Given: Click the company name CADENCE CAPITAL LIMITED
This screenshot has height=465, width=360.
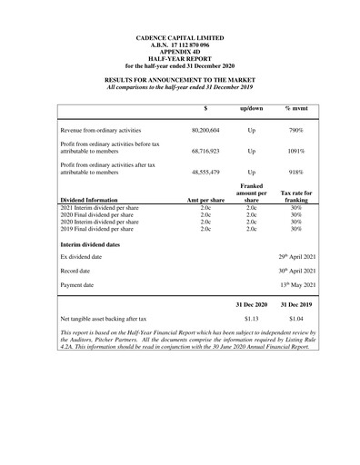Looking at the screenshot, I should [x=179, y=37].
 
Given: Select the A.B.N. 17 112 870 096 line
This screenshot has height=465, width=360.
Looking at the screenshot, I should [x=179, y=45].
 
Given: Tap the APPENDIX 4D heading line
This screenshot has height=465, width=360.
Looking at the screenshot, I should [x=179, y=52].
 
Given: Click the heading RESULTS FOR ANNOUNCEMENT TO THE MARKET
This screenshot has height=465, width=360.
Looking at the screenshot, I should [x=179, y=81].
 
